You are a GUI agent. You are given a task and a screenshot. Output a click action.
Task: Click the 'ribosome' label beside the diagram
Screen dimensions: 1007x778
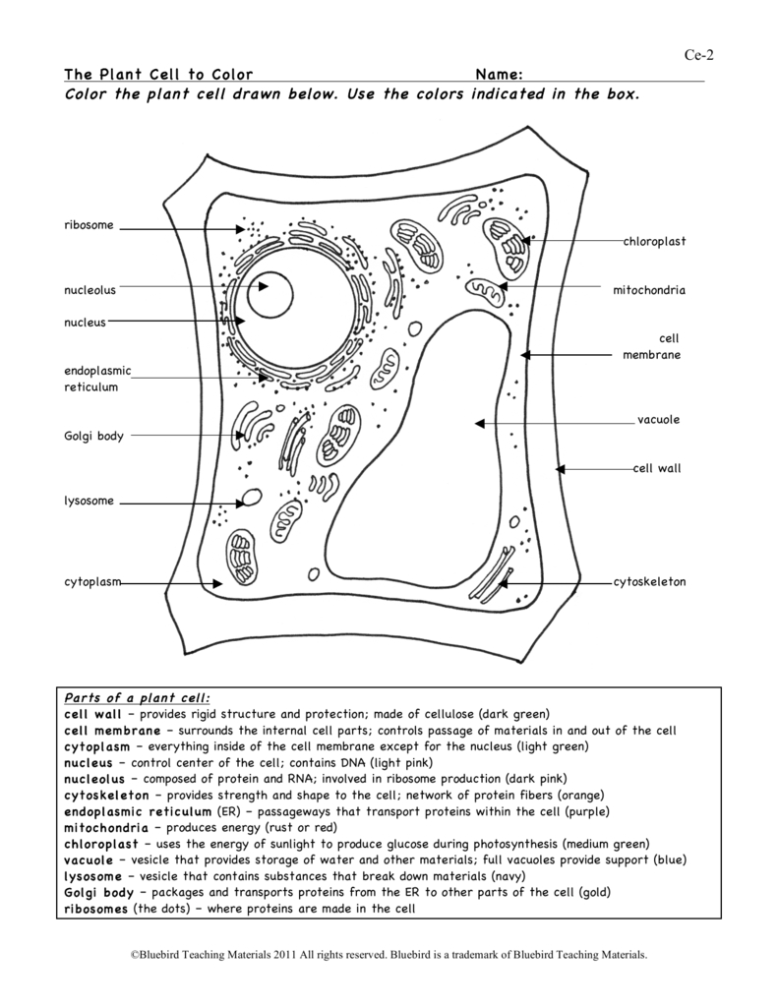(x=89, y=225)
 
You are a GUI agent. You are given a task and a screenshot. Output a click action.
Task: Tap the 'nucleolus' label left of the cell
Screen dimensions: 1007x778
(x=90, y=290)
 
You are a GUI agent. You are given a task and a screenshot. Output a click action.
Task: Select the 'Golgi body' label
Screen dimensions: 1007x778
(x=93, y=436)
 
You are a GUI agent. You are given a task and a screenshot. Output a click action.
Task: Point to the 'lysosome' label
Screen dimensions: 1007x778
(x=90, y=501)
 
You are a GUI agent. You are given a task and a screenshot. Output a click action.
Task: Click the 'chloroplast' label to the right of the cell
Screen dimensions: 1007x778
(x=654, y=241)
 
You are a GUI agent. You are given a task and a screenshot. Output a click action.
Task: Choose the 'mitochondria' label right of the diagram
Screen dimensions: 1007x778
(x=649, y=290)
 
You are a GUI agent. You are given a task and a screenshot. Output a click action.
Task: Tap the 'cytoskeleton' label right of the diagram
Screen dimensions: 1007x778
(x=649, y=582)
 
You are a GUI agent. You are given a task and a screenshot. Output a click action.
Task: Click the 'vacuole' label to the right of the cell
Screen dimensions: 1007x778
(x=658, y=420)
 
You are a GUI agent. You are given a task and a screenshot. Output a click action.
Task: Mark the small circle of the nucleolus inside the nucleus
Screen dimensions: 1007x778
(x=269, y=294)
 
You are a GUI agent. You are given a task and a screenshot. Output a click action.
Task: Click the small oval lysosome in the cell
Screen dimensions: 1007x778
(x=253, y=498)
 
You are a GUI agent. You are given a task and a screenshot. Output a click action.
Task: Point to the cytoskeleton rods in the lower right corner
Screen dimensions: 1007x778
(x=490, y=583)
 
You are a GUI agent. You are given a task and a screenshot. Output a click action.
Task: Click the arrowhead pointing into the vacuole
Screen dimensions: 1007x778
(x=480, y=424)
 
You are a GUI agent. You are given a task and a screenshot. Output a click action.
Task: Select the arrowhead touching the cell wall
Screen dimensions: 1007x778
(x=561, y=469)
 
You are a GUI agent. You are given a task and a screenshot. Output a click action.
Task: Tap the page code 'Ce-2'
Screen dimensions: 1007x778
(x=699, y=54)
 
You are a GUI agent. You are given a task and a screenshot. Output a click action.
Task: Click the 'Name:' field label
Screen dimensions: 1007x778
(x=498, y=75)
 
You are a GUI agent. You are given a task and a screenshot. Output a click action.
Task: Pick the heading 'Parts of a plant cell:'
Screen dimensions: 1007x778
(x=138, y=697)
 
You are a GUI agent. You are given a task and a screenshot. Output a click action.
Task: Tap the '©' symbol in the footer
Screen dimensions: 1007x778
(x=135, y=955)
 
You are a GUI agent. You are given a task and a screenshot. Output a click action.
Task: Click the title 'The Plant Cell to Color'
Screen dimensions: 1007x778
(x=158, y=75)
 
